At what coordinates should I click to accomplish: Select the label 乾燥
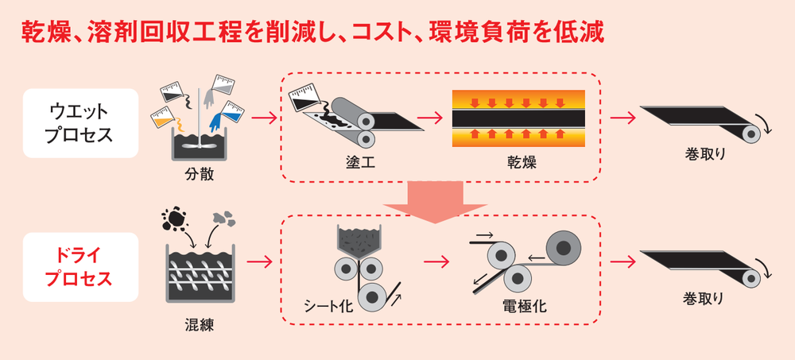pyautogui.click(x=522, y=164)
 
